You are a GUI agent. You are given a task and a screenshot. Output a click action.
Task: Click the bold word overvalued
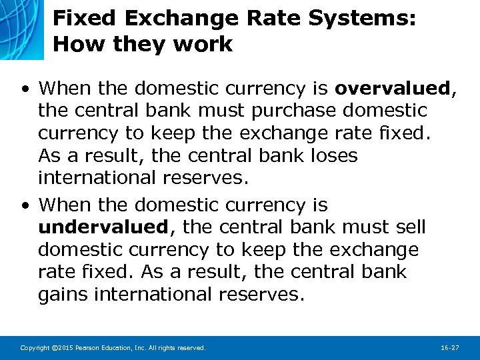393,88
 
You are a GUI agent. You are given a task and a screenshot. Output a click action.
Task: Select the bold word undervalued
103,227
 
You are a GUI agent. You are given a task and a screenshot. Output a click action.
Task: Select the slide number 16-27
450,348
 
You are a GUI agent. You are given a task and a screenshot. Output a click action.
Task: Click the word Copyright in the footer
35,348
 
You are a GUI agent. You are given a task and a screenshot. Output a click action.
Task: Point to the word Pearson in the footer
91,348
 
